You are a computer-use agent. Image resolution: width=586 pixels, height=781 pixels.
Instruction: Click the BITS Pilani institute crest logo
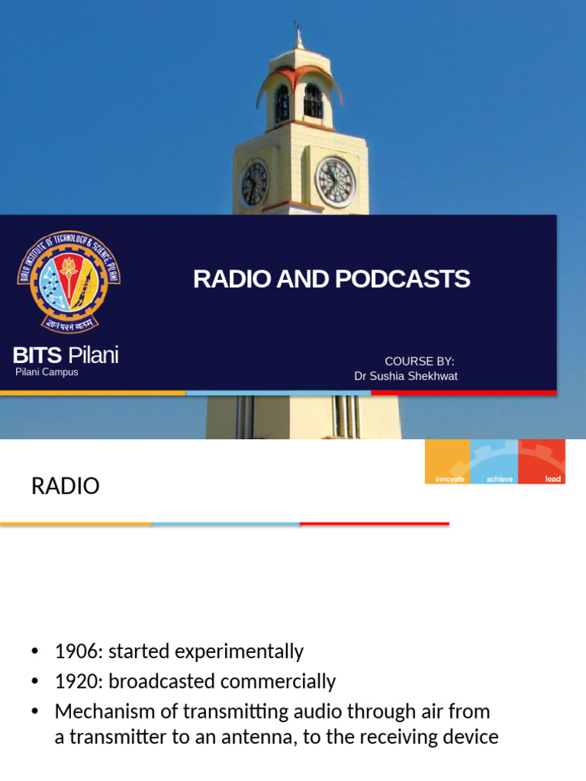click(x=69, y=280)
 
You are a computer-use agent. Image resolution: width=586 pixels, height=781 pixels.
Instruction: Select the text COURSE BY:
click(x=420, y=361)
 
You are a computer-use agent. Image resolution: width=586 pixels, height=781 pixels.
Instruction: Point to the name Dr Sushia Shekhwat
click(x=406, y=376)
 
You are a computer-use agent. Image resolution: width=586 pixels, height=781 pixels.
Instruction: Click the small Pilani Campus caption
click(x=47, y=373)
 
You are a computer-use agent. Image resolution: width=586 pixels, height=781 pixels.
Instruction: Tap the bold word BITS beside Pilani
click(x=37, y=355)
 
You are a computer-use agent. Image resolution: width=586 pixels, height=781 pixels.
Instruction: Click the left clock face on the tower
click(x=254, y=183)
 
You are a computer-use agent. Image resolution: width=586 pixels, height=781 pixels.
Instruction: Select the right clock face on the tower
click(x=336, y=182)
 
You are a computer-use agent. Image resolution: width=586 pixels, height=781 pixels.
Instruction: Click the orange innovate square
click(x=448, y=461)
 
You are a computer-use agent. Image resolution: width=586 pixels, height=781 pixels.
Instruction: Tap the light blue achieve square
click(x=494, y=461)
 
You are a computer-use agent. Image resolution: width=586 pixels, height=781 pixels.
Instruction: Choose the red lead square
click(x=542, y=461)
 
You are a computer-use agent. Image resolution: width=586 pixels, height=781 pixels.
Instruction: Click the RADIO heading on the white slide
click(x=66, y=487)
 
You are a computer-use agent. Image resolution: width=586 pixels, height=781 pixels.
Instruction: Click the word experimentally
click(x=240, y=651)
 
